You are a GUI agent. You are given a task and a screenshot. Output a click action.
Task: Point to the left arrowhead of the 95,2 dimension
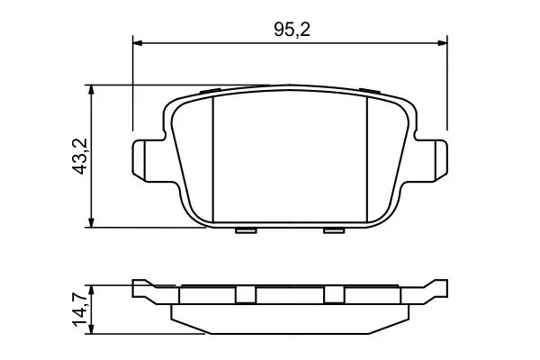pyautogui.click(x=138, y=41)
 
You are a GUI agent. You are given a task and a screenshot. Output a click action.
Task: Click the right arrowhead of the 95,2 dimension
pyautogui.click(x=442, y=41)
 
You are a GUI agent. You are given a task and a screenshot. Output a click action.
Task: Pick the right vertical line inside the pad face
pyautogui.click(x=369, y=157)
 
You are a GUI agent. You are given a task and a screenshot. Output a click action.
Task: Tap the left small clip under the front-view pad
pyautogui.click(x=245, y=230)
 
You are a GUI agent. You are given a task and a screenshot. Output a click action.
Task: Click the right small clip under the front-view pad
pyautogui.click(x=334, y=230)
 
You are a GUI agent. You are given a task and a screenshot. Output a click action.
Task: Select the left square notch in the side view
pyautogui.click(x=245, y=294)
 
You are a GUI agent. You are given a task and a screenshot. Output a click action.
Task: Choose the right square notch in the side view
pyautogui.click(x=334, y=294)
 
